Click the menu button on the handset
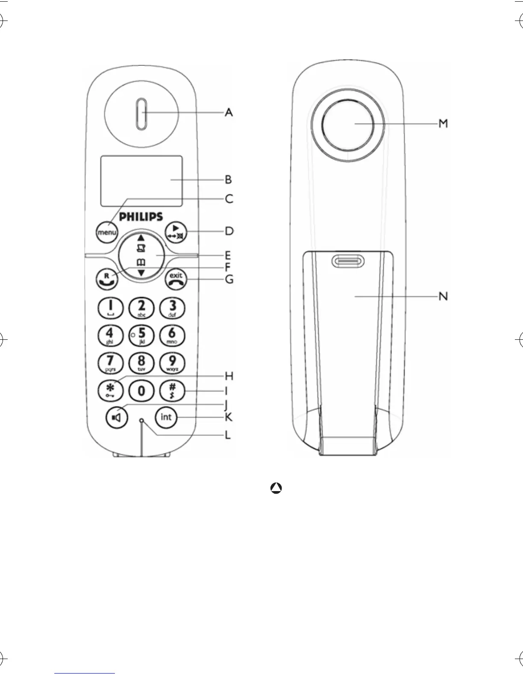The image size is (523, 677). tap(107, 233)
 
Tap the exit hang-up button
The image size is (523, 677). tap(176, 279)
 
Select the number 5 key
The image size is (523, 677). tap(141, 335)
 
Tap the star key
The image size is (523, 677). tap(110, 390)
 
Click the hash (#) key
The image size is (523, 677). tap(172, 390)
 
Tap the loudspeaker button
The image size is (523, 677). tap(117, 417)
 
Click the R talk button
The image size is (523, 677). tap(107, 279)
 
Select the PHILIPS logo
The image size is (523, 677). tap(141, 217)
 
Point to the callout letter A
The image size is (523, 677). tap(229, 113)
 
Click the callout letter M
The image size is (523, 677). tap(444, 124)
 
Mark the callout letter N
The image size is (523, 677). tap(444, 296)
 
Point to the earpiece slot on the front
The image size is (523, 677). tap(141, 114)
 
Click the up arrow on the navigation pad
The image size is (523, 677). tap(141, 238)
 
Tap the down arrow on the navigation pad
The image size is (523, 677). tap(141, 273)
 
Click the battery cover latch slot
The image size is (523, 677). tap(347, 262)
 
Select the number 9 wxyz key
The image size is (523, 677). tap(172, 362)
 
